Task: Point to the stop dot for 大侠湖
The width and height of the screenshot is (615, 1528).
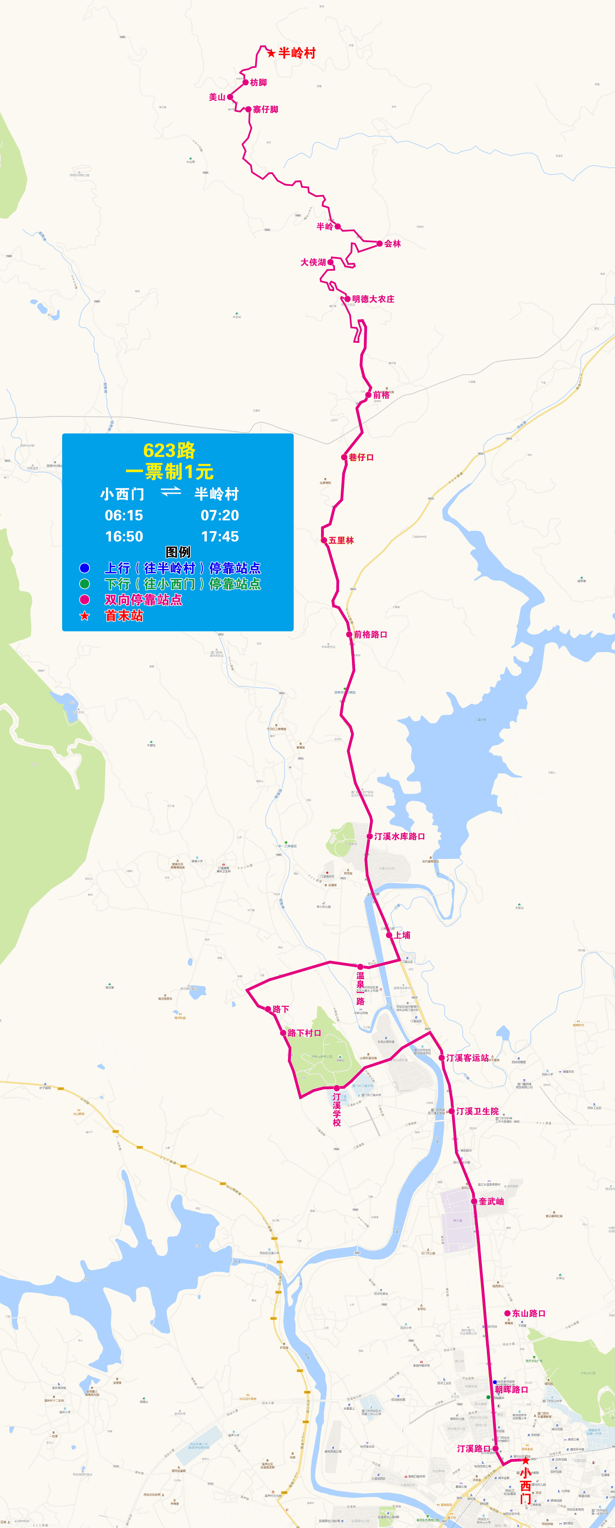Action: click(x=331, y=262)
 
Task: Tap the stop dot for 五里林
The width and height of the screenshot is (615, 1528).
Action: click(x=324, y=540)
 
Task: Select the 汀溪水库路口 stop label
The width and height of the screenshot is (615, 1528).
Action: click(x=400, y=836)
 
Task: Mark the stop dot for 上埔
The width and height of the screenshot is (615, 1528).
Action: click(x=389, y=935)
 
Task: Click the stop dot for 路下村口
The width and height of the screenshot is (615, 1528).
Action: click(x=283, y=1033)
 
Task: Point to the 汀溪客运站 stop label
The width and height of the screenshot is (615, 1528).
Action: click(x=468, y=1058)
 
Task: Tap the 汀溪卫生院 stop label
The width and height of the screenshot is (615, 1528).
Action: click(x=477, y=1111)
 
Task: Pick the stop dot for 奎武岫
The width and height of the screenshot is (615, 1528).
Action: click(x=474, y=1201)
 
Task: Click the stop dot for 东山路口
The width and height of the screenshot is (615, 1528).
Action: click(x=507, y=1313)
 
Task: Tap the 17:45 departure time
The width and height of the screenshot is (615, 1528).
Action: click(x=220, y=537)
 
